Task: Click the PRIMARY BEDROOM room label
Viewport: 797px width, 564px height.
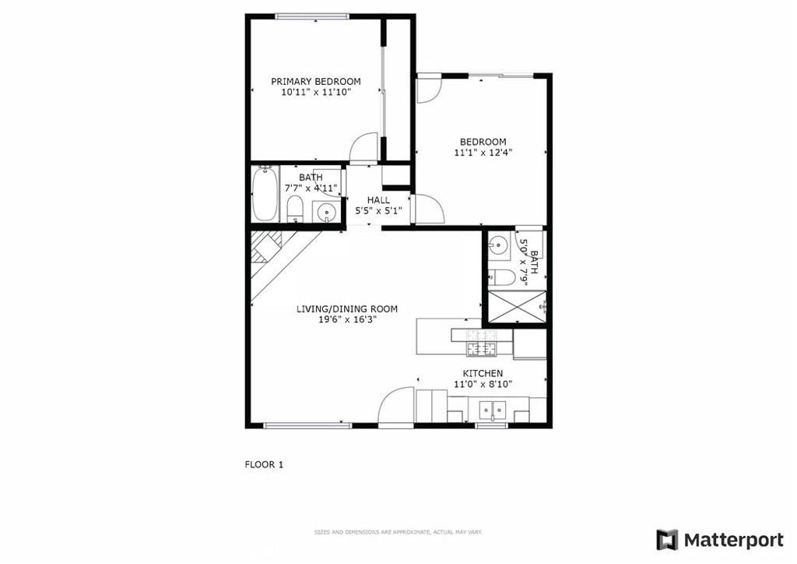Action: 316,81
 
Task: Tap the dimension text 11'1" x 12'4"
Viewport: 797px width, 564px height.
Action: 483,152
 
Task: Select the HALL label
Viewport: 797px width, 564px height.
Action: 379,200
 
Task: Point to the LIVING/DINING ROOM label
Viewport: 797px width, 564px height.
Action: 347,308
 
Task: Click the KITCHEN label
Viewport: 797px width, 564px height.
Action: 483,374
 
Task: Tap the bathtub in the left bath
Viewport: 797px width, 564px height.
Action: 265,193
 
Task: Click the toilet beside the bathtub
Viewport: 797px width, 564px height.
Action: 295,210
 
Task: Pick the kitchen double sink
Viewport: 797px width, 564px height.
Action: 493,410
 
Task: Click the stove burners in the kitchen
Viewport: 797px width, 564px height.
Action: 481,342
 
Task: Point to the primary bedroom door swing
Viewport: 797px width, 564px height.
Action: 363,148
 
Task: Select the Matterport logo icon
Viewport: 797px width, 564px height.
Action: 667,540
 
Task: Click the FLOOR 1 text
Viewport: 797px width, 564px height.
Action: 264,464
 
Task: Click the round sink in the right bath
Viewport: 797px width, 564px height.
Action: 499,245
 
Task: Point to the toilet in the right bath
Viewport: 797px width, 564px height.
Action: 502,277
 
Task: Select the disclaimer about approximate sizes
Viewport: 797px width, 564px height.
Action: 398,533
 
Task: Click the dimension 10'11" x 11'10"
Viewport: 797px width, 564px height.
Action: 316,93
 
